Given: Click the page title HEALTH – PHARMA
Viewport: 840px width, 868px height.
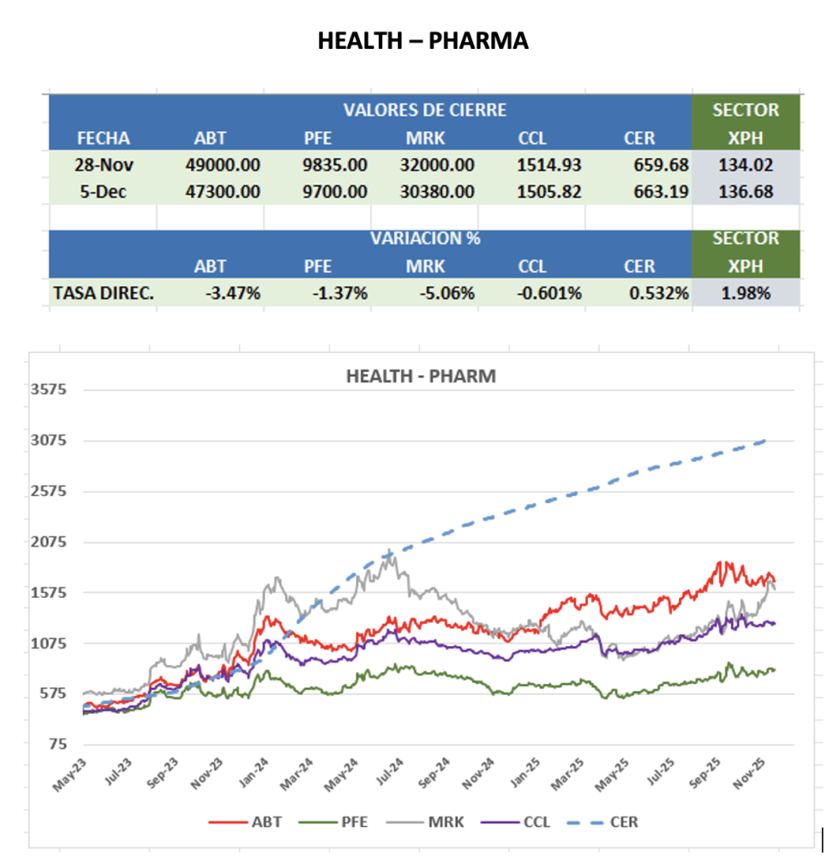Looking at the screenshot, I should tap(423, 40).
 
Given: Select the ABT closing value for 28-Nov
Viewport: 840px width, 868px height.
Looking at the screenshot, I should tap(222, 165).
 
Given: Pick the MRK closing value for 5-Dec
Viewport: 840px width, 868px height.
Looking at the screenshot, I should tap(436, 192).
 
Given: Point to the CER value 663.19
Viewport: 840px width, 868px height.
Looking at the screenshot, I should tap(658, 192).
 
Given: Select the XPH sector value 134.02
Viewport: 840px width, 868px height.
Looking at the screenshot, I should tap(746, 165).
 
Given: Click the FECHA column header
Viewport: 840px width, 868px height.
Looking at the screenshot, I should tap(103, 138).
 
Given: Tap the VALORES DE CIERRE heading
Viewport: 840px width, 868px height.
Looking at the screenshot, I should tap(424, 111).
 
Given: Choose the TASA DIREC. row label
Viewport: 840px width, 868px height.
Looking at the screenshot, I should tap(104, 293).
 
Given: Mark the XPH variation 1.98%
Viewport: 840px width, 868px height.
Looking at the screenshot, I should tap(746, 293).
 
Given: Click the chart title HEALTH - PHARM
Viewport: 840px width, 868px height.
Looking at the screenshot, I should tap(420, 375).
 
